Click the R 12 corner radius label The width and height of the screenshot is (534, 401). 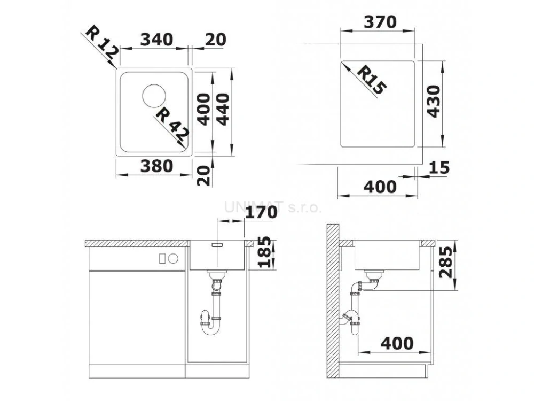pyautogui.click(x=102, y=42)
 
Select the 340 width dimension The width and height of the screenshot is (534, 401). pyautogui.click(x=156, y=40)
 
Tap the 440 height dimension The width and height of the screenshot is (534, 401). pyautogui.click(x=223, y=109)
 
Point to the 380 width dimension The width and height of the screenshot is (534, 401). pyautogui.click(x=156, y=166)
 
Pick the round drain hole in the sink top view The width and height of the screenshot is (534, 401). pyautogui.click(x=154, y=95)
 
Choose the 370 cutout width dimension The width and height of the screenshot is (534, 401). pyautogui.click(x=380, y=22)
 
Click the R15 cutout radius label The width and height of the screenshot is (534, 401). pyautogui.click(x=372, y=80)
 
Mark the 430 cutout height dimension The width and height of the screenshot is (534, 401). pyautogui.click(x=433, y=101)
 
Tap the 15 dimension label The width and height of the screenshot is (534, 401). pyautogui.click(x=439, y=167)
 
